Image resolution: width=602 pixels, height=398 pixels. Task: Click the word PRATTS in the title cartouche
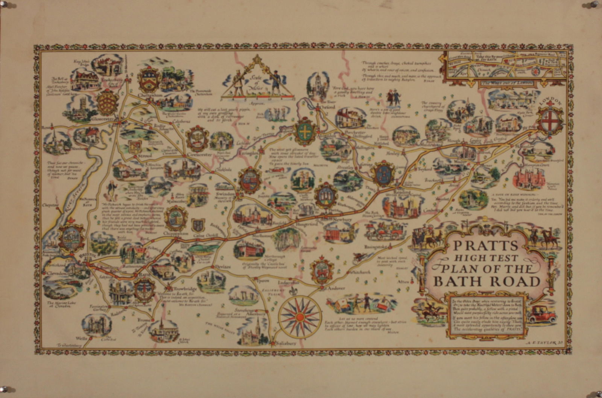click(486, 246)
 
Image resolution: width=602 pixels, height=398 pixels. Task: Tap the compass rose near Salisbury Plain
click(300, 317)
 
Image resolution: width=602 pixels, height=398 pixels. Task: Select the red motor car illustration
click(541, 315)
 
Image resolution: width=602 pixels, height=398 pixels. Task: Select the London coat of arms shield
click(550, 120)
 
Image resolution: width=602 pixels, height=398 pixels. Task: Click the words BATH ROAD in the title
click(487, 281)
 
